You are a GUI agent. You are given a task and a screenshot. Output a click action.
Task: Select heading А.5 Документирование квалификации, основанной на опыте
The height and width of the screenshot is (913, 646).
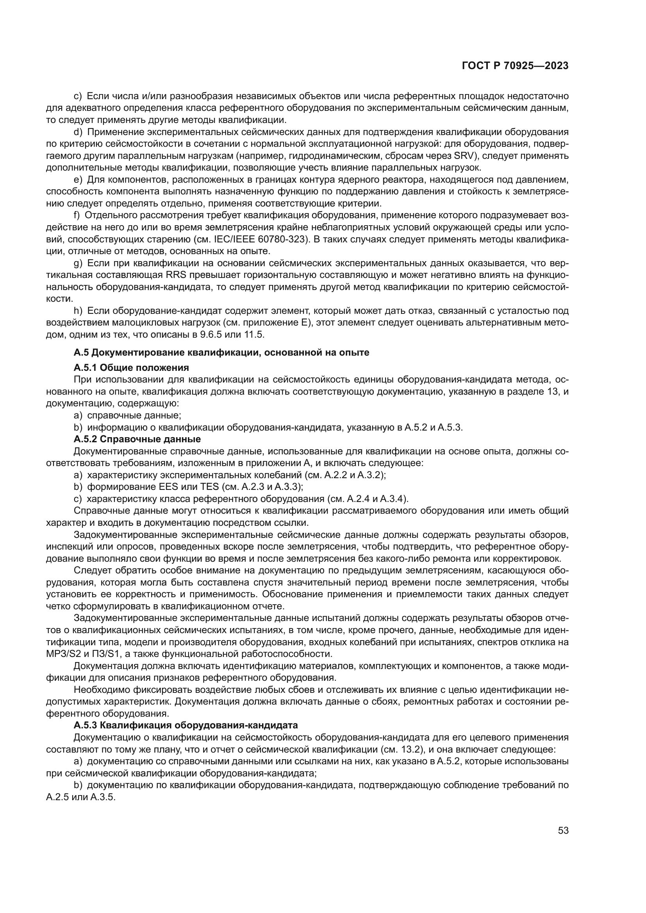click(x=221, y=352)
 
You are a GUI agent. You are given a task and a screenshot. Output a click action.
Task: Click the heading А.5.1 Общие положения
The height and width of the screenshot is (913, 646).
click(x=131, y=367)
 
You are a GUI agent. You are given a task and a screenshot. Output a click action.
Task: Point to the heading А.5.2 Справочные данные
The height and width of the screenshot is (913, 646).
click(x=137, y=439)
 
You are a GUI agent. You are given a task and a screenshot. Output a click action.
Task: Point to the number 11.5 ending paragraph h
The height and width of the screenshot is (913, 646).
click(x=254, y=335)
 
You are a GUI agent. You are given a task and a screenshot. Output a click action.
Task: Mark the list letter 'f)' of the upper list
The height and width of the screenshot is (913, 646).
click(x=77, y=215)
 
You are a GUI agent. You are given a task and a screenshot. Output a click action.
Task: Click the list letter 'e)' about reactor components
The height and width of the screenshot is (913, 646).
click(x=78, y=180)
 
